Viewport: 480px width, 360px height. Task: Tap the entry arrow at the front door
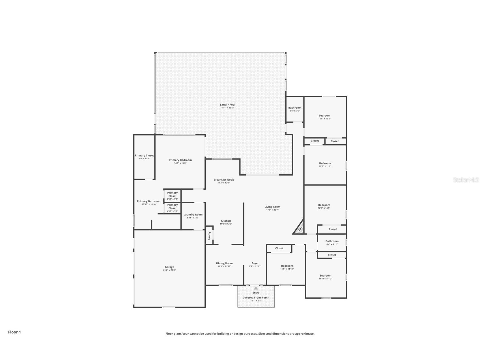click(256, 288)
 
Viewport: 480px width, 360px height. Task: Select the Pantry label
click(209, 235)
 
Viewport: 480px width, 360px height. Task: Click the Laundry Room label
click(193, 215)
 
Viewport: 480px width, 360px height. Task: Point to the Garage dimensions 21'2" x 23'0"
click(169, 270)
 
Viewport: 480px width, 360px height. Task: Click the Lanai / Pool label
click(227, 105)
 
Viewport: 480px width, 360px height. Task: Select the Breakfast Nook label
click(223, 180)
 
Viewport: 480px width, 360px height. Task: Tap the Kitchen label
click(226, 221)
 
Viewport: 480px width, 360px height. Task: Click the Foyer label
click(255, 263)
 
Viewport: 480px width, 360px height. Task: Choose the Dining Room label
click(224, 263)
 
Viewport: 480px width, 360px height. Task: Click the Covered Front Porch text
click(256, 297)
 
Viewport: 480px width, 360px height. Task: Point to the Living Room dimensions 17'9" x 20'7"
click(272, 210)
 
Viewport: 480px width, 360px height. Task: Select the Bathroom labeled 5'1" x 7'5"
click(295, 108)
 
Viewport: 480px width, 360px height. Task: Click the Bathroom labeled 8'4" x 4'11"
click(332, 241)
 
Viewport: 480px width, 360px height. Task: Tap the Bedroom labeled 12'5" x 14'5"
click(324, 205)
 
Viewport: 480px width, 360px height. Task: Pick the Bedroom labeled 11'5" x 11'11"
click(287, 266)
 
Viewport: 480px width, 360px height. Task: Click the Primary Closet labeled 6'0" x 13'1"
click(144, 156)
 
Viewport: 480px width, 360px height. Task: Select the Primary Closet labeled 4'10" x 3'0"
click(172, 207)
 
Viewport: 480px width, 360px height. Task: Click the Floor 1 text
click(14, 332)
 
